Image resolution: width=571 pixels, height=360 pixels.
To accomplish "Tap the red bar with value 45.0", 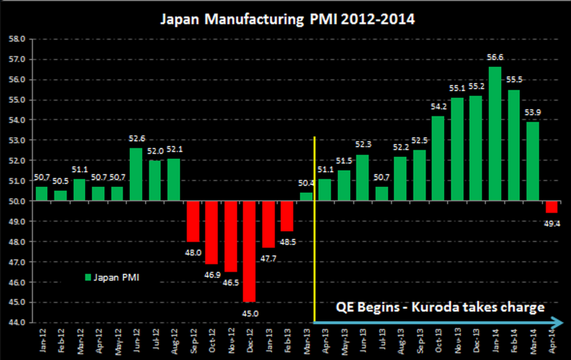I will [x=249, y=251].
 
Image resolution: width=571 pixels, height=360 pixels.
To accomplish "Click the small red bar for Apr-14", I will [x=551, y=207].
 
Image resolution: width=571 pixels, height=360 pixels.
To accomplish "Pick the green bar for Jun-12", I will [x=136, y=174].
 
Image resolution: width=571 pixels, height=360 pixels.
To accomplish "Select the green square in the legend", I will [x=88, y=277].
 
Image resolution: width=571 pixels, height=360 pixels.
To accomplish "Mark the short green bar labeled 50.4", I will [x=306, y=196].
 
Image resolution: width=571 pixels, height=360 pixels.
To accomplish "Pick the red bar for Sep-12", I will [x=193, y=221].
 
